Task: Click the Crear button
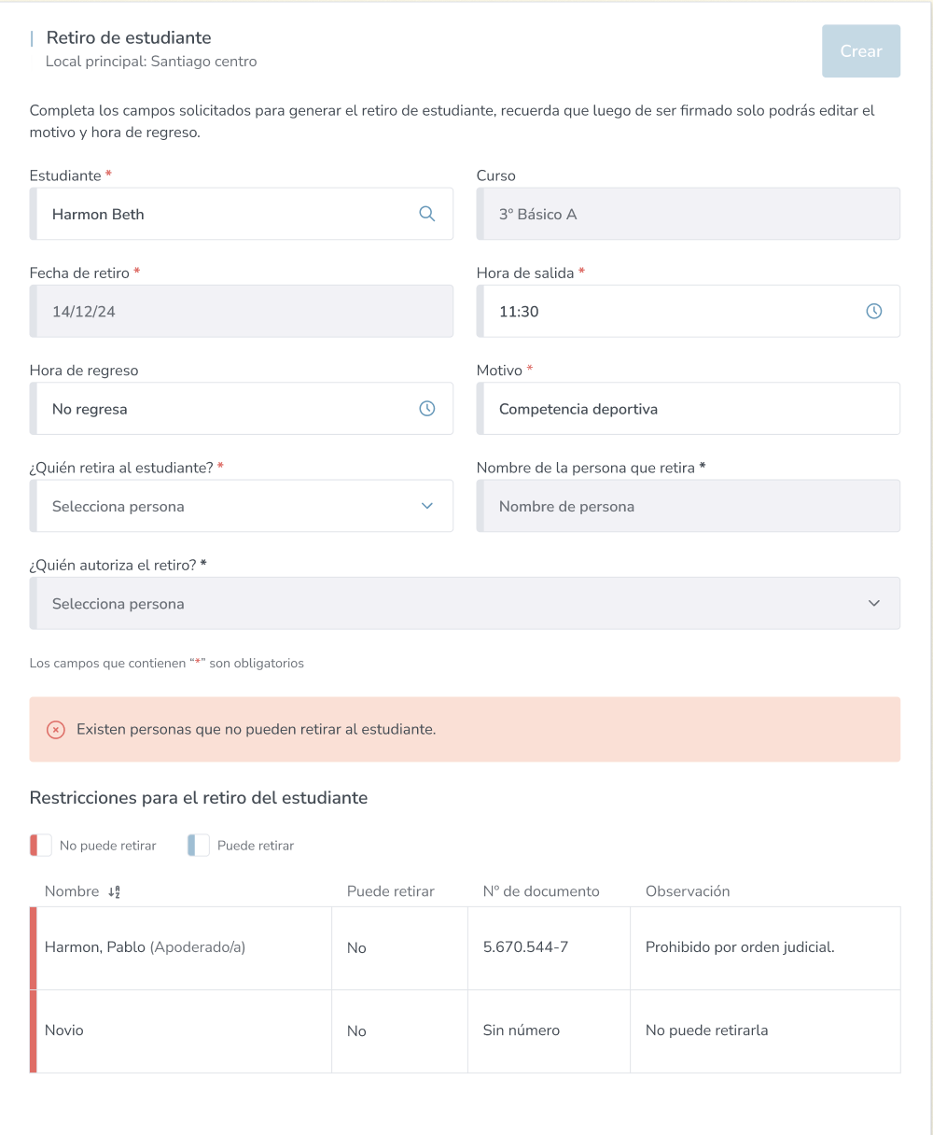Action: [860, 51]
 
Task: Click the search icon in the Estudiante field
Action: [426, 214]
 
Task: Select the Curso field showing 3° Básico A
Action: [688, 214]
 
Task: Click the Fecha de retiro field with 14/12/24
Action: [241, 311]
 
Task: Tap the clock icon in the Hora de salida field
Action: [873, 311]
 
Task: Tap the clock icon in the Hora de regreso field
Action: [426, 409]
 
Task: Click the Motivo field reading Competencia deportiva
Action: [688, 409]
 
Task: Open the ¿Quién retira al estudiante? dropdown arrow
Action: [426, 506]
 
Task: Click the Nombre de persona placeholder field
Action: [688, 506]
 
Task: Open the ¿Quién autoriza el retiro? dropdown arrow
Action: [873, 603]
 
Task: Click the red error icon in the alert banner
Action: [56, 729]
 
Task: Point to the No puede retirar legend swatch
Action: [40, 846]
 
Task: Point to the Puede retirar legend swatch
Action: [198, 846]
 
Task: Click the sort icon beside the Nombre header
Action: [114, 891]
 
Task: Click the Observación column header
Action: [688, 891]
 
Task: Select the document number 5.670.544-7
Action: [525, 947]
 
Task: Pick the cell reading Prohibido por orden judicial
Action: [740, 947]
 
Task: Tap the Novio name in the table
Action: [64, 1030]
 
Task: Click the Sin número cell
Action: [521, 1030]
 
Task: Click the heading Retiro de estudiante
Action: [129, 38]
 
